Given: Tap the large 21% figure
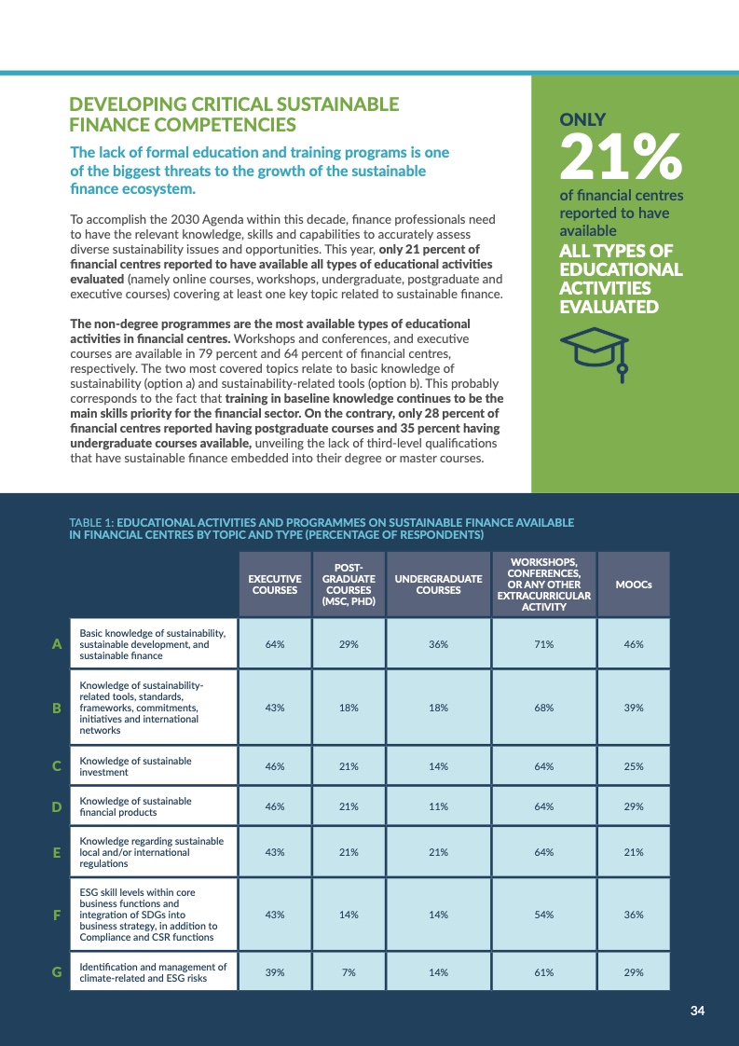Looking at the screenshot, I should click(x=620, y=158).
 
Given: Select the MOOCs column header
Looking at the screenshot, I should click(x=634, y=585).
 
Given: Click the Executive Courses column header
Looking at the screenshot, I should click(x=274, y=585).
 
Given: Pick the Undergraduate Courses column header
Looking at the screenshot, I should click(x=439, y=585).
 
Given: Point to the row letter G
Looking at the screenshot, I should click(x=57, y=972).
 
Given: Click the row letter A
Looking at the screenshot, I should click(x=57, y=644).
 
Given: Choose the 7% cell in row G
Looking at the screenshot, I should click(x=349, y=972).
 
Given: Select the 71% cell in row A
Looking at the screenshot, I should click(x=543, y=644).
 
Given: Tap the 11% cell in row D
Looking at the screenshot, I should click(x=439, y=806).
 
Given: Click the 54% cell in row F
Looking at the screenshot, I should click(x=543, y=915).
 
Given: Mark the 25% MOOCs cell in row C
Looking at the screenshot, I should click(x=634, y=766).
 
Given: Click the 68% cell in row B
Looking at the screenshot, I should click(x=543, y=708).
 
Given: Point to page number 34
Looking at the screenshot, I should click(x=697, y=1012).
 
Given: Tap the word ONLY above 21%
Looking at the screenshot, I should click(x=582, y=119).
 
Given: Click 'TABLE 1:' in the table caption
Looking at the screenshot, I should click(x=91, y=522).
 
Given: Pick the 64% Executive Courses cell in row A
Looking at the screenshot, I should click(x=274, y=644).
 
